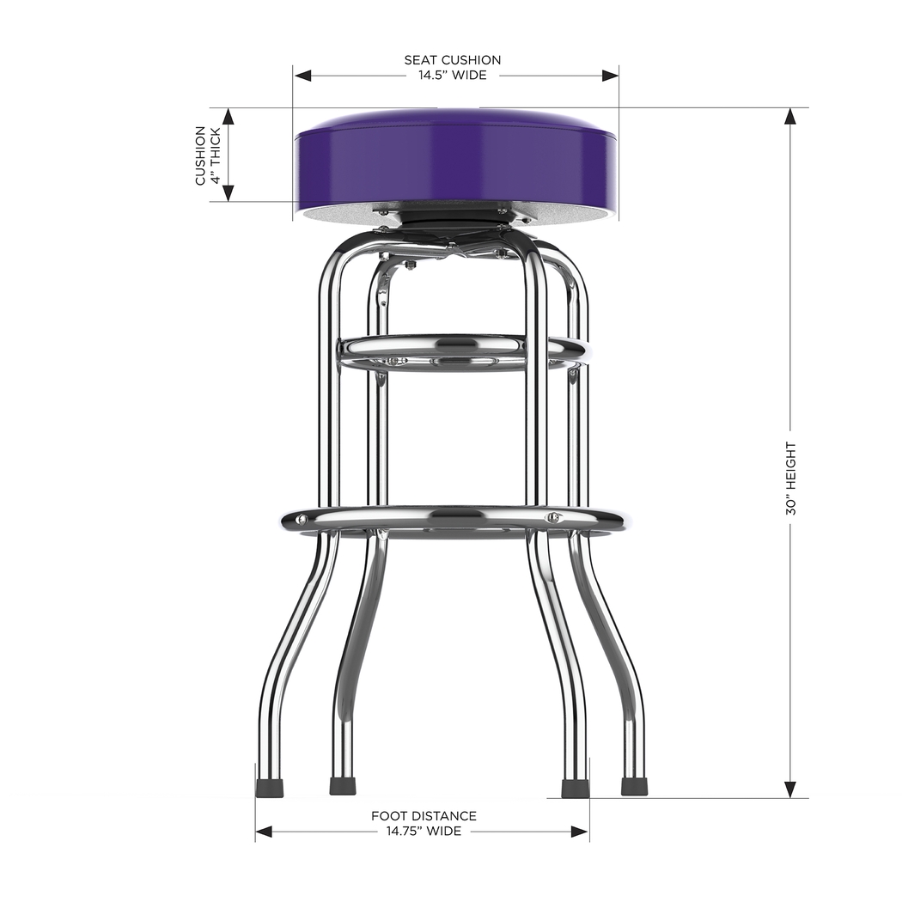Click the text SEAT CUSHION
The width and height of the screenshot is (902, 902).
(453, 60)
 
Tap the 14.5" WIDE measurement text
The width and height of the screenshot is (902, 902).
(453, 76)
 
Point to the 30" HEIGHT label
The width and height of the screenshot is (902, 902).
(791, 478)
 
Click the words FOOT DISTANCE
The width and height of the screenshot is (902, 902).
(424, 816)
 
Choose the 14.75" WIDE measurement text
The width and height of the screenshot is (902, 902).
(424, 832)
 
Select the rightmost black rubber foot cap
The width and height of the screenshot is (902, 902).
(634, 787)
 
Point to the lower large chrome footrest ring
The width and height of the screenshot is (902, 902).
(452, 520)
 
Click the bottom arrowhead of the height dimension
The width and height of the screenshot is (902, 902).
(790, 789)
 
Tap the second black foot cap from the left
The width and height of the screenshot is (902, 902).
(343, 787)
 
